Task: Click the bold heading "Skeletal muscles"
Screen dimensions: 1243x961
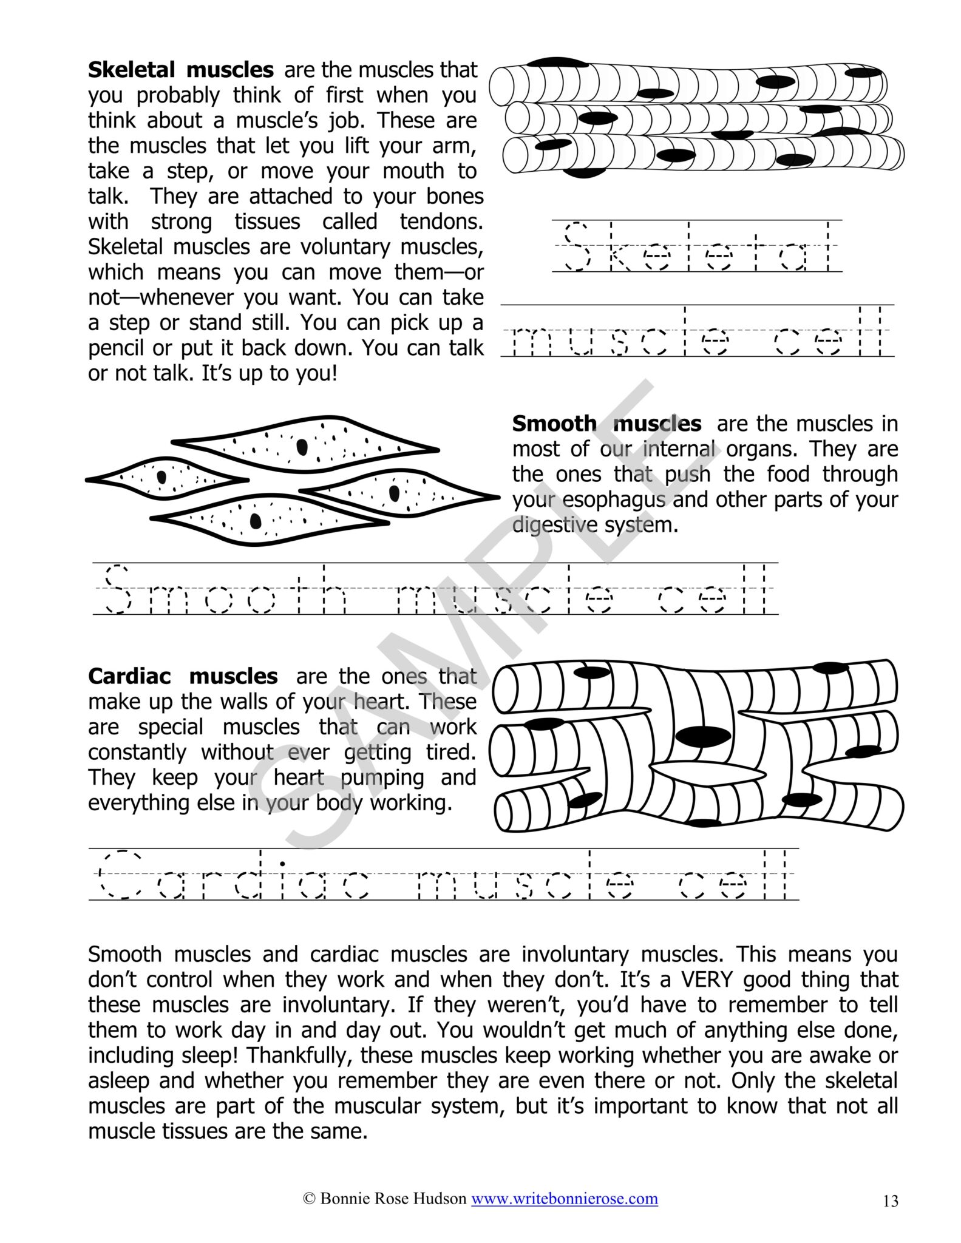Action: pos(180,70)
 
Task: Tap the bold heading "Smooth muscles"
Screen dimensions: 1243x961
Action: pos(606,424)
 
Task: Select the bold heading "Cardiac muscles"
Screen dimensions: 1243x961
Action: pos(183,676)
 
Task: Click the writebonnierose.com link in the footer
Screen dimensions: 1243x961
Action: pos(565,1198)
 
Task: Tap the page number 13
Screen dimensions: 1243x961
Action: pos(891,1201)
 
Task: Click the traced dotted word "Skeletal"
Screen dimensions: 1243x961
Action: pos(697,246)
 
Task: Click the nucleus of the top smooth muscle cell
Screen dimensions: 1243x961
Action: pos(302,447)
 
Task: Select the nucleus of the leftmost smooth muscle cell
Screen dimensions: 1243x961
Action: pos(161,477)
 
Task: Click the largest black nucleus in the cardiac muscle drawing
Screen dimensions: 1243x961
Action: pos(703,737)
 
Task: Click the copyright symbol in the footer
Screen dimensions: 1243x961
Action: pos(308,1199)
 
